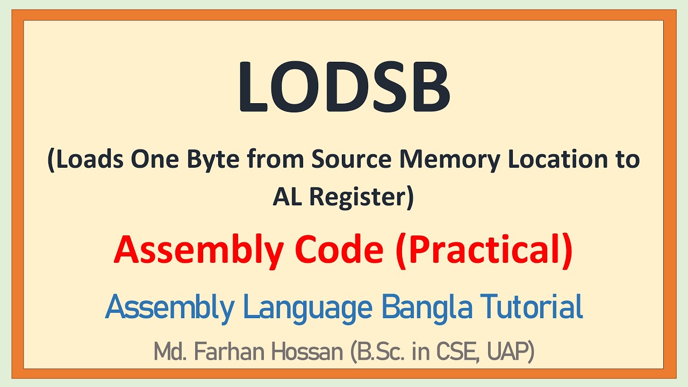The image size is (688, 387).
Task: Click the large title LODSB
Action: pyautogui.click(x=344, y=86)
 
